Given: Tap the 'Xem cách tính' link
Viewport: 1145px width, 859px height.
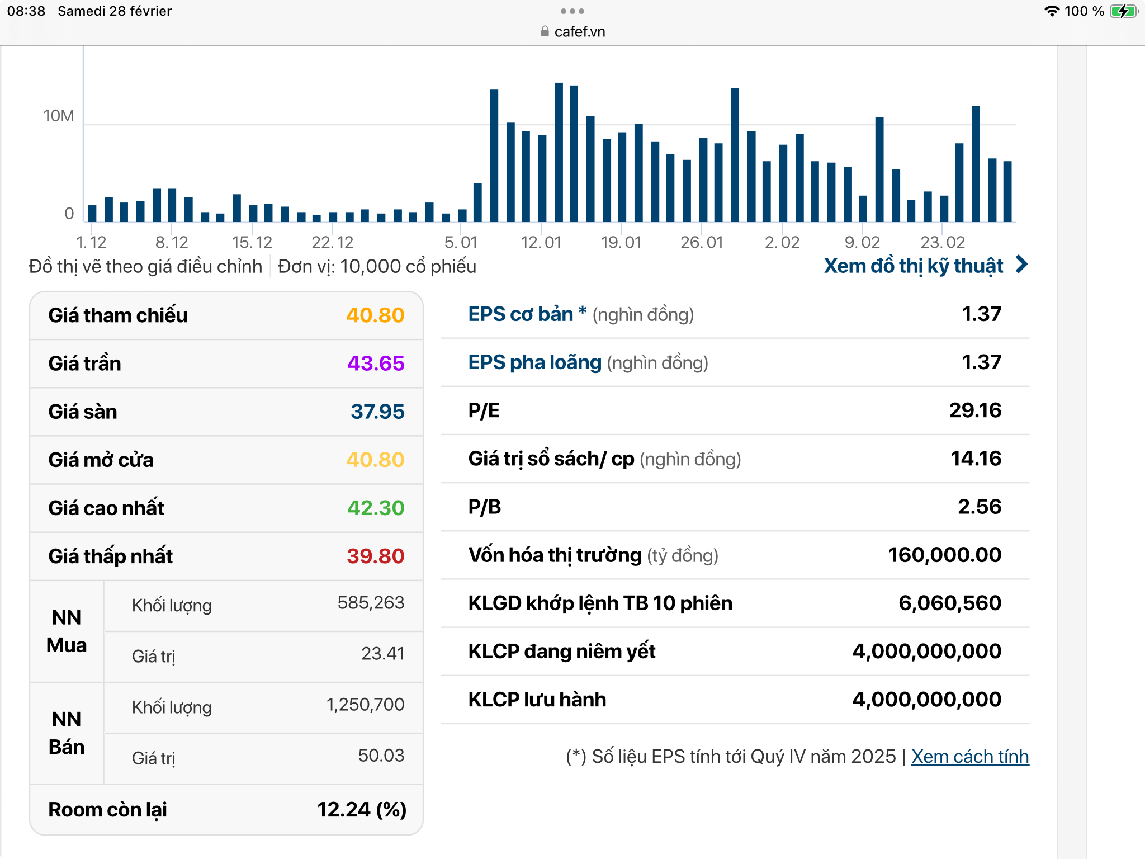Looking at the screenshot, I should [969, 757].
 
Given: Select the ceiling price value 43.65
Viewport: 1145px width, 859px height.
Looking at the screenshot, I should [375, 364].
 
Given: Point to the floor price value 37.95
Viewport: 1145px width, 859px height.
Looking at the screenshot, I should [377, 412].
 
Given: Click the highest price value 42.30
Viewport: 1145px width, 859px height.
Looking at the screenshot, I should [375, 508].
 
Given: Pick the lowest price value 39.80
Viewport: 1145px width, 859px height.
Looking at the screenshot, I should [375, 556].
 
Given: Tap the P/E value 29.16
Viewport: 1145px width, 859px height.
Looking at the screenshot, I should [974, 410].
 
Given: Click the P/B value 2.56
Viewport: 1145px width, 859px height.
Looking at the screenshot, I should [979, 507].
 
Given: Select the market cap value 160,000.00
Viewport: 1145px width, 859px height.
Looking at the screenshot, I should [944, 555].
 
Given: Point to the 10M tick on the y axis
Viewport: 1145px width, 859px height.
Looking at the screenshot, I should [59, 116].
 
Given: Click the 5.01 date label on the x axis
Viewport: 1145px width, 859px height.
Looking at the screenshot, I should [461, 242].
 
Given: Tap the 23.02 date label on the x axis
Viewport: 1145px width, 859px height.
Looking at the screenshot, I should [943, 242].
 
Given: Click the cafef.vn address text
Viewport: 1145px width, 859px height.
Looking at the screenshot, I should [579, 32].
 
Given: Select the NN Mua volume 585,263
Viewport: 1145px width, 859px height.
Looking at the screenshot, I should [371, 602].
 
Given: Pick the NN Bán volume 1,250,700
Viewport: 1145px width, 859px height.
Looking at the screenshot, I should [365, 705].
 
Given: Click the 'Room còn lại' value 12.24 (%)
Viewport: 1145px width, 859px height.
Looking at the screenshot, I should [361, 810].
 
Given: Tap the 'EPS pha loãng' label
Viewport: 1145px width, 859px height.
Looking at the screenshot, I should [534, 362].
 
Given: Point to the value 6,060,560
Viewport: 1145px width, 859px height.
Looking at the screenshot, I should [949, 603].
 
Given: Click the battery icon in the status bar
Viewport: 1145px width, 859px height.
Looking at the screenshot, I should [1123, 11].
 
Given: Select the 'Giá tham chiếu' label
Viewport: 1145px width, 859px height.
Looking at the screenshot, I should [118, 315].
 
